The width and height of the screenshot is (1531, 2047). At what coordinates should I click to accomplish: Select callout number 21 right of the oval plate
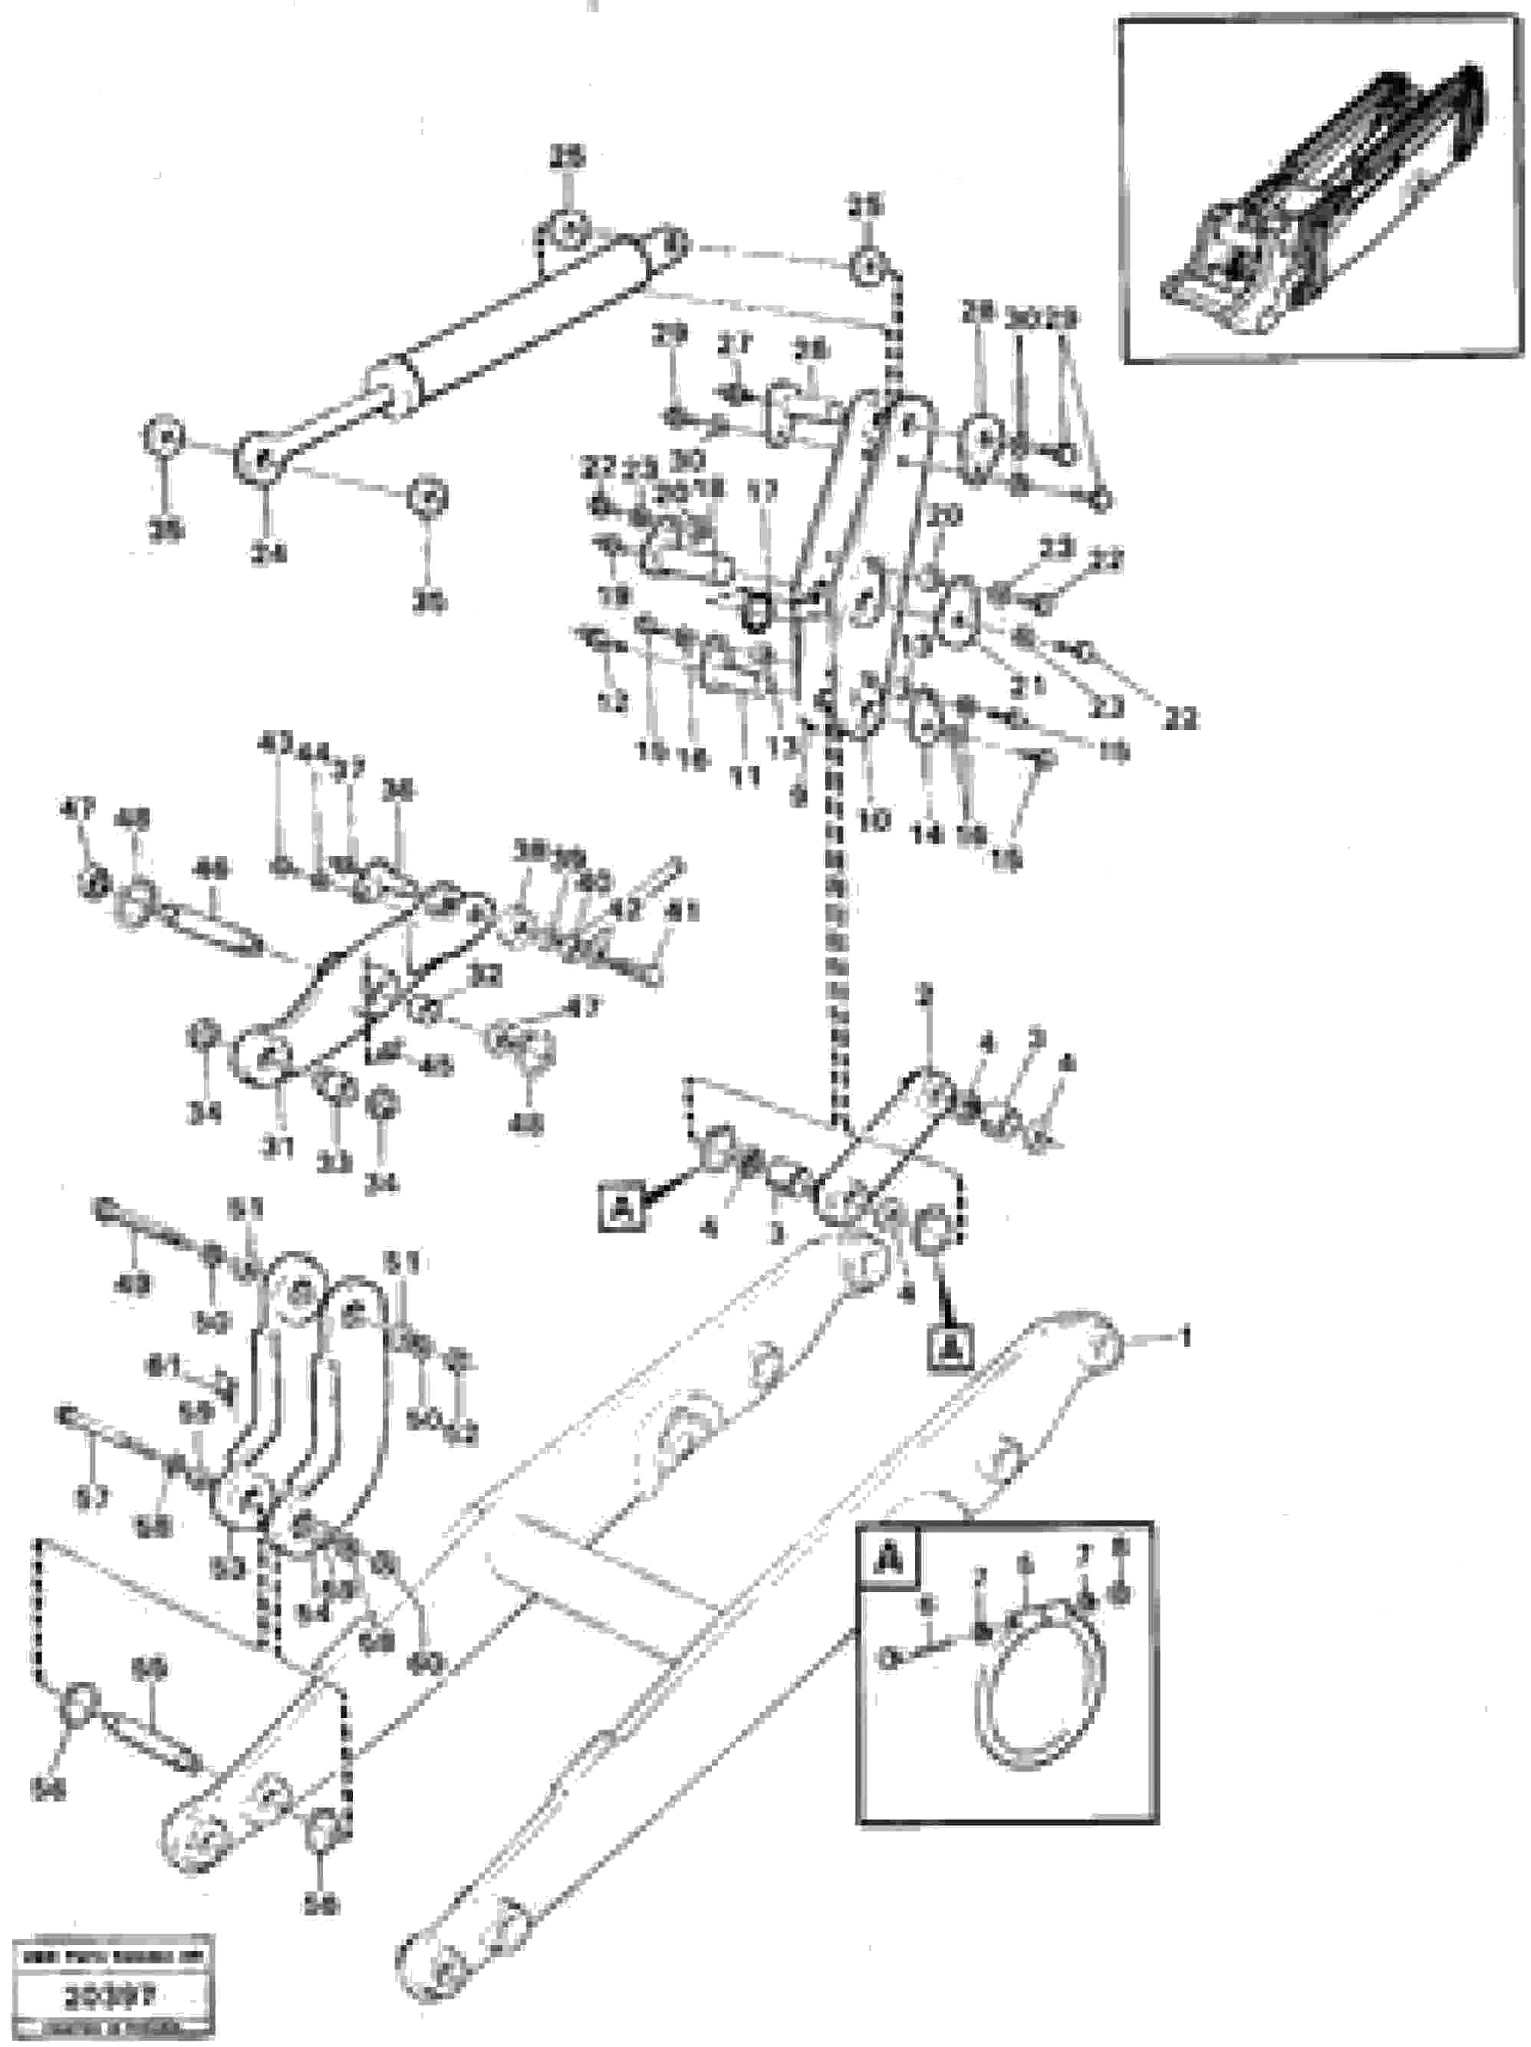pyautogui.click(x=1028, y=686)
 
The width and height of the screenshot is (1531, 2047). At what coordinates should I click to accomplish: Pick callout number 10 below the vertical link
pyautogui.click(x=873, y=819)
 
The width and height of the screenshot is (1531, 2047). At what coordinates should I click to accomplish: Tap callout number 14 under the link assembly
pyautogui.click(x=926, y=834)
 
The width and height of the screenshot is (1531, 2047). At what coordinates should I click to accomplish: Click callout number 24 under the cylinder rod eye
pyautogui.click(x=267, y=554)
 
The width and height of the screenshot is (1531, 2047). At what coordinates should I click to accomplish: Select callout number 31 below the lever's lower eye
pyautogui.click(x=276, y=1147)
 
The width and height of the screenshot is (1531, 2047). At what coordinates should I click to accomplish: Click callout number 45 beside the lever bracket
pyautogui.click(x=436, y=1067)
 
